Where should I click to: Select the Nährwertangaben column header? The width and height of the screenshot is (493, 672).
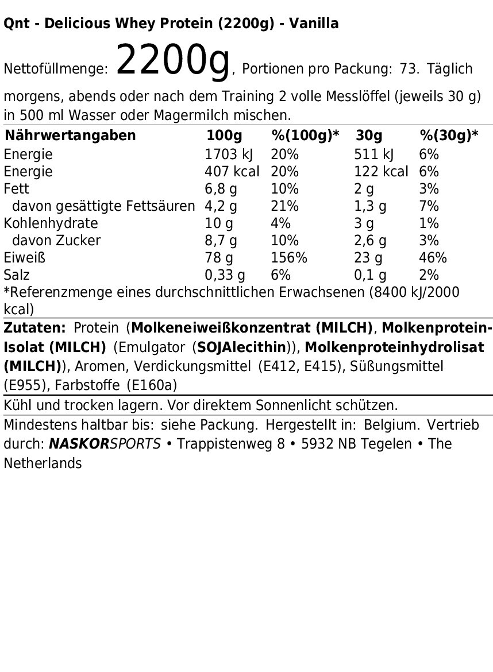tap(70, 136)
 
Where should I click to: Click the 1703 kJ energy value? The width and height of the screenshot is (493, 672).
tap(229, 155)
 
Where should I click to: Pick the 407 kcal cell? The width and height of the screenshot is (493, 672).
tap(232, 172)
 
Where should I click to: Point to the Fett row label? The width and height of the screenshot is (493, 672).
tap(16, 189)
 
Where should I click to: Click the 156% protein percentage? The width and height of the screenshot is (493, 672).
tap(289, 258)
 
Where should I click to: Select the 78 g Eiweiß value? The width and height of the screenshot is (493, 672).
tap(219, 258)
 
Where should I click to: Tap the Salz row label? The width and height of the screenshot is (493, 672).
tap(17, 275)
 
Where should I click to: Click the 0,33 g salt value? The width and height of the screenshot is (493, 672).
tap(225, 275)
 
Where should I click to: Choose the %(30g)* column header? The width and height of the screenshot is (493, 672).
tap(449, 136)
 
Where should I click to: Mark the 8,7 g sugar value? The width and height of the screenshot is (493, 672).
tap(221, 241)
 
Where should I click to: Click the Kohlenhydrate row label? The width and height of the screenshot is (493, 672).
tap(51, 223)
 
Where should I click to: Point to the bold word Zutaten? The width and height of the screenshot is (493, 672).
tap(34, 328)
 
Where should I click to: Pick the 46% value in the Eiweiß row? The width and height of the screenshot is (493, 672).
tap(433, 258)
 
